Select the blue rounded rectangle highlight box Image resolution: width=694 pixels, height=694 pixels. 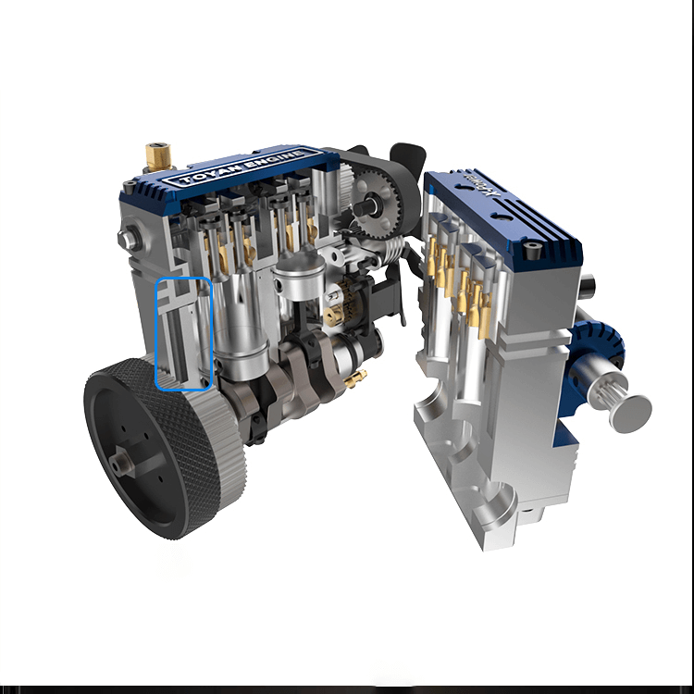tap(184, 333)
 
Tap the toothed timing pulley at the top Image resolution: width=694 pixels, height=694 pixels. tap(377, 200)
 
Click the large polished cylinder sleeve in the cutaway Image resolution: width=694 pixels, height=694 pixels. tap(242, 324)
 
